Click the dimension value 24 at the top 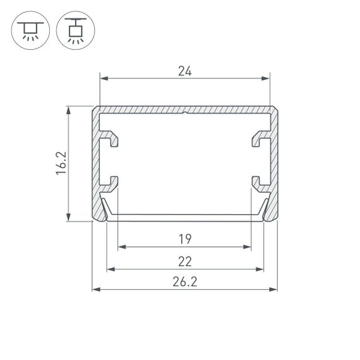tap(185, 71)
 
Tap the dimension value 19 tap(185, 239)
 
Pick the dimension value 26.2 tap(185, 282)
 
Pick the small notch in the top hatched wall tap(185, 114)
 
